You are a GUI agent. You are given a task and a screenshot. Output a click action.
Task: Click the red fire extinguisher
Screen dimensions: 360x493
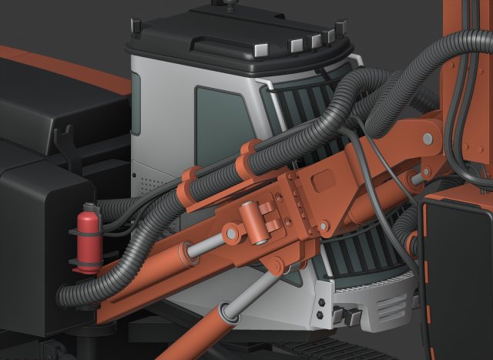(87, 236)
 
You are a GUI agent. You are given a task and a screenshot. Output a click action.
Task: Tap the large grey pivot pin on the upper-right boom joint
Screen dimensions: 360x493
(428, 139)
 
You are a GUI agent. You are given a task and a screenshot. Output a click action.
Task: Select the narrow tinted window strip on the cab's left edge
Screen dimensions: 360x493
(136, 103)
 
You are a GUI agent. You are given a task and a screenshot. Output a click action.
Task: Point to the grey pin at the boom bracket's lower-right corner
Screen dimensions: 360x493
(324, 226)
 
